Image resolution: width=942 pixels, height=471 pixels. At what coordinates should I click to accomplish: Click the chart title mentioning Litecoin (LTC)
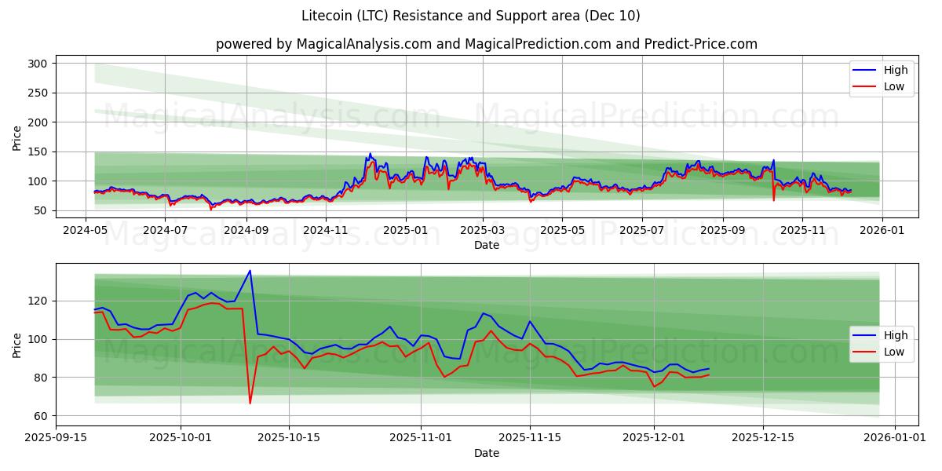pyautogui.click(x=470, y=16)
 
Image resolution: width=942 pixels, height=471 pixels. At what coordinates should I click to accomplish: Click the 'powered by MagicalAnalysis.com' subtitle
pyautogui.click(x=486, y=44)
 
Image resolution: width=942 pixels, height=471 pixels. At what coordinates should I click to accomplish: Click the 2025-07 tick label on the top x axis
pyautogui.click(x=641, y=230)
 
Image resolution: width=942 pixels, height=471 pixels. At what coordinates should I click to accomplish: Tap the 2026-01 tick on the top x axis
pyautogui.click(x=882, y=230)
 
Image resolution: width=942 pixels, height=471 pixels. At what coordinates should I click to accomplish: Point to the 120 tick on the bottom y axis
pyautogui.click(x=38, y=301)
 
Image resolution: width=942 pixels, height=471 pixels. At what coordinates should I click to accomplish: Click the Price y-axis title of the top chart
pyautogui.click(x=17, y=138)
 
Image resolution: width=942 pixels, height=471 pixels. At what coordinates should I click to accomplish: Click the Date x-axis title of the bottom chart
pyautogui.click(x=486, y=453)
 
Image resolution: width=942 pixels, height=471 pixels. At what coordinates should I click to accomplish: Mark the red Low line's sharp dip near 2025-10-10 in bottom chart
pyautogui.click(x=250, y=403)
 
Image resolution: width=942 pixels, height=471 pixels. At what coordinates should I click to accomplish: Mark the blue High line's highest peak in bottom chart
pyautogui.click(x=250, y=271)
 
